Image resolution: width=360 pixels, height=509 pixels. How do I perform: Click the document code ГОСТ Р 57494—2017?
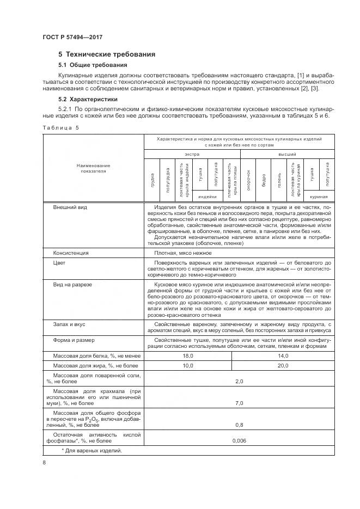(x=72, y=36)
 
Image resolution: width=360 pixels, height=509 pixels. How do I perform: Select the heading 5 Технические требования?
(x=107, y=54)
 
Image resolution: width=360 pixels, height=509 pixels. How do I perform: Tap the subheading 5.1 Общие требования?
(x=89, y=65)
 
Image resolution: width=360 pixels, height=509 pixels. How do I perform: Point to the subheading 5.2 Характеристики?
(x=88, y=100)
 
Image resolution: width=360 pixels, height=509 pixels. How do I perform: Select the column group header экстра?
(x=192, y=155)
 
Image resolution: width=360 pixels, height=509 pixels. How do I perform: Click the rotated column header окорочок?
(x=248, y=179)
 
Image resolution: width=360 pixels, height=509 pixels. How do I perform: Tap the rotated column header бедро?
(x=264, y=179)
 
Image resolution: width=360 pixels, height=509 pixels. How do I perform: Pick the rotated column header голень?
(x=279, y=179)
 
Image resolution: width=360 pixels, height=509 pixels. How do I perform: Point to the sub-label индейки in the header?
(x=208, y=197)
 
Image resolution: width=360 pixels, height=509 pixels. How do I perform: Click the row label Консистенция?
(x=71, y=253)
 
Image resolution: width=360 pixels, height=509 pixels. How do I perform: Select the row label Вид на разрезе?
(x=76, y=285)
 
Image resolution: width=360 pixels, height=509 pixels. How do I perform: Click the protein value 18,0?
(x=188, y=355)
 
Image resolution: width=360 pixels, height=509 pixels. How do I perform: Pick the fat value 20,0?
(x=282, y=366)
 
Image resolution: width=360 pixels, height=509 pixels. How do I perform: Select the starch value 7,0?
(x=239, y=404)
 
